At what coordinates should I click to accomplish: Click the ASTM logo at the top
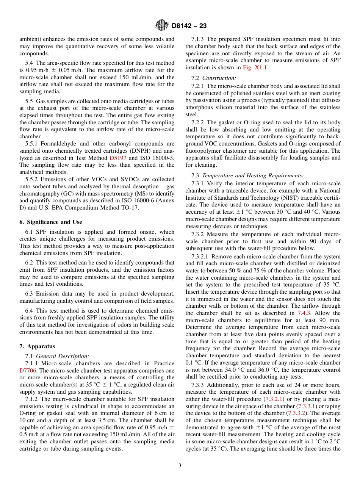coord(162,25)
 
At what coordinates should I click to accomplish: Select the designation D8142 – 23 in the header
coord(189,26)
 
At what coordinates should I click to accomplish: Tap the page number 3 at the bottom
coord(180,466)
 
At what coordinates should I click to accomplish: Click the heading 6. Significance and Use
coord(51,222)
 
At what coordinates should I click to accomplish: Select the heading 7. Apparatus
coord(37,346)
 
